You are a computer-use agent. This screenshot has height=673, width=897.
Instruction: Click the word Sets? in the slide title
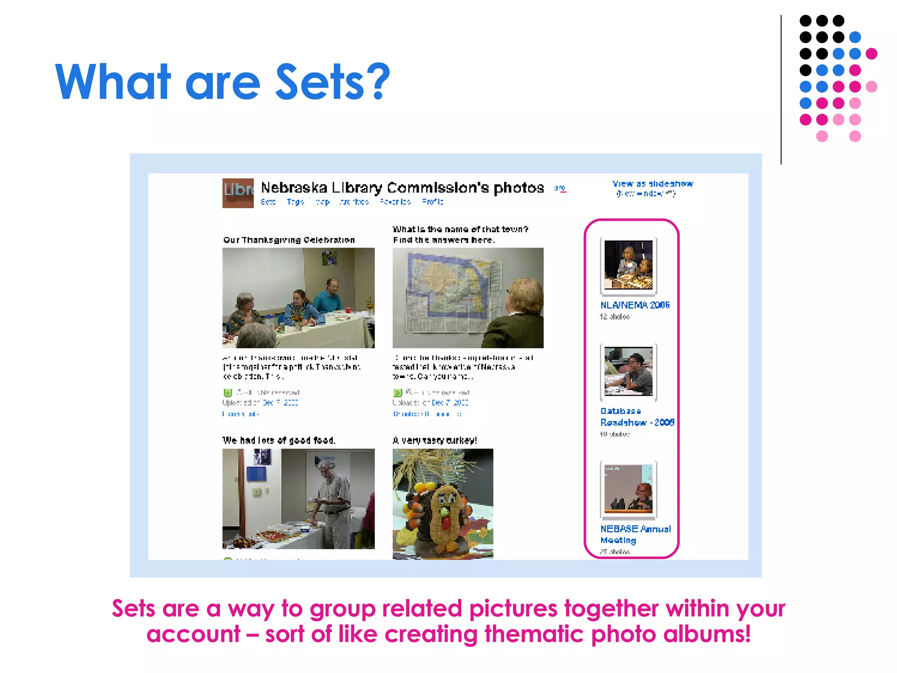tap(332, 82)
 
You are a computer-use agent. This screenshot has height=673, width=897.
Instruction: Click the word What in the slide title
tap(113, 82)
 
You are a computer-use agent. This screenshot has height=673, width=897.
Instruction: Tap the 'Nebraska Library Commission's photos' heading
tap(402, 188)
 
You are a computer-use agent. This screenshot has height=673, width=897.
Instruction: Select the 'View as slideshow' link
tap(653, 184)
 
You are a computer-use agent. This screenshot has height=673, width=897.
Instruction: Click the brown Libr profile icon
tap(238, 193)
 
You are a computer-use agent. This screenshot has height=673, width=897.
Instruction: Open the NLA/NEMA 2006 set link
tap(635, 305)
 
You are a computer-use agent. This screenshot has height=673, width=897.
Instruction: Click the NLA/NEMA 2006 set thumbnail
tap(629, 265)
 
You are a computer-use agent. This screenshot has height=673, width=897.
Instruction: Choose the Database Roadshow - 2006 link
tap(637, 417)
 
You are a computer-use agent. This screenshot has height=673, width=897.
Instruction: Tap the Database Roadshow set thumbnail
tap(629, 371)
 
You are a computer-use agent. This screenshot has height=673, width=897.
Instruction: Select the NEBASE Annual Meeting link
tap(635, 534)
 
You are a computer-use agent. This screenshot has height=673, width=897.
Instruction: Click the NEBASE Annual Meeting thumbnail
tap(629, 489)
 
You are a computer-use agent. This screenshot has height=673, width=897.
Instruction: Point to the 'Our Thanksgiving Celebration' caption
tap(289, 240)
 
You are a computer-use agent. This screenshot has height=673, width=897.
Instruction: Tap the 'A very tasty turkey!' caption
tap(434, 440)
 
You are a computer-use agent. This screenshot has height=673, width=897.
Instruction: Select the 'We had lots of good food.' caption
tap(279, 440)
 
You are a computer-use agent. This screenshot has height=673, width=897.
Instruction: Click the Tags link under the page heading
tap(295, 202)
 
